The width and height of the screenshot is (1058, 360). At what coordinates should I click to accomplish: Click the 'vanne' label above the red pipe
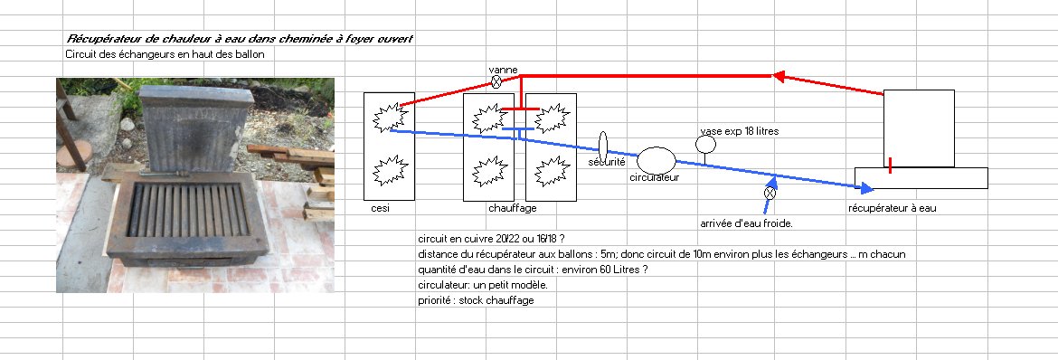coord(504,70)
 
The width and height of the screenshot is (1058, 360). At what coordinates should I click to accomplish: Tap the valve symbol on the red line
coord(496,82)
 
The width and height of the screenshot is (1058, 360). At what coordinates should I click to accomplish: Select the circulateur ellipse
coord(656,160)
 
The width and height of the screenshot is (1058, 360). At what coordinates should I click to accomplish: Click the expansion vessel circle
coord(705,145)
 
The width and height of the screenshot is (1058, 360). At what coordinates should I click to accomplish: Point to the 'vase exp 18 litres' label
coord(740,131)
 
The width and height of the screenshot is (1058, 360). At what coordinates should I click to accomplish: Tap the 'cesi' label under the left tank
coord(381,208)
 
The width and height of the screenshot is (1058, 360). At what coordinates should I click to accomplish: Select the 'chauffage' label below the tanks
coord(513,208)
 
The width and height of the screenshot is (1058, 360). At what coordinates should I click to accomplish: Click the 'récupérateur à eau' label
coord(892,208)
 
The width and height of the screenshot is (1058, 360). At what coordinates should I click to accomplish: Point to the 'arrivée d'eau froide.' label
coord(746,223)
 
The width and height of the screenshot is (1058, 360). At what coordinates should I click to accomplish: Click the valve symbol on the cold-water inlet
coord(770,194)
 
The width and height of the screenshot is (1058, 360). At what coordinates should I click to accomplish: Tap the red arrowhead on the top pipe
coord(779,76)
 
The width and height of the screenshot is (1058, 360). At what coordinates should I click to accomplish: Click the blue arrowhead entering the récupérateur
coord(868,187)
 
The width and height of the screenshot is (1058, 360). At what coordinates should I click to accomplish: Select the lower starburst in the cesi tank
coord(390,169)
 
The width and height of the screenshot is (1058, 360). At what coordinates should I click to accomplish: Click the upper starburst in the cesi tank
coord(390,118)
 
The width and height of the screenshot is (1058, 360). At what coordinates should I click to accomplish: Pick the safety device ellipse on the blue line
coord(603,148)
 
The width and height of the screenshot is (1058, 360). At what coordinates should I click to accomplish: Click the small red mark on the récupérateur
coord(891,166)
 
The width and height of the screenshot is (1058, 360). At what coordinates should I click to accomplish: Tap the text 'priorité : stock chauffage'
coord(476,300)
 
